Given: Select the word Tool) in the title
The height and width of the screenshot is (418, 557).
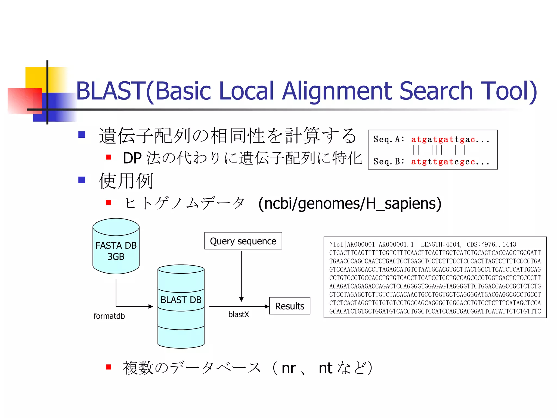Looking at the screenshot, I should [509, 91].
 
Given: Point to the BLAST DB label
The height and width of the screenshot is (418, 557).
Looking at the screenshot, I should [181, 300].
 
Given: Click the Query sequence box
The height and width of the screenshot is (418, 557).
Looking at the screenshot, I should [243, 241].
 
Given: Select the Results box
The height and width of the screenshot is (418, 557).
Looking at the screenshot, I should [290, 306].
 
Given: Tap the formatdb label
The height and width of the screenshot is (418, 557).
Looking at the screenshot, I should [109, 316].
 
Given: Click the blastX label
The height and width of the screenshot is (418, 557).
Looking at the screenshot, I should [239, 315].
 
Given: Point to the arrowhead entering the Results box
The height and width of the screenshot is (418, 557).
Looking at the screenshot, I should [267, 306].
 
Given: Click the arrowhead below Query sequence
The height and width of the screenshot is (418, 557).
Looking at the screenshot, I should [241, 299].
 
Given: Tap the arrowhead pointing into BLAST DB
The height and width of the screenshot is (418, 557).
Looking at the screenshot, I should [151, 306].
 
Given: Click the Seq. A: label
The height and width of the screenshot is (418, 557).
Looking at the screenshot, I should [389, 139].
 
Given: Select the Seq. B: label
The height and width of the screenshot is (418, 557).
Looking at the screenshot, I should [389, 162].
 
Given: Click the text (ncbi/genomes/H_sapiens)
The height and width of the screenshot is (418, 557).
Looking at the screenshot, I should [350, 204].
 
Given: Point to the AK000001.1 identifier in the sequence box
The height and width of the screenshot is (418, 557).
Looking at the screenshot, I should [396, 244].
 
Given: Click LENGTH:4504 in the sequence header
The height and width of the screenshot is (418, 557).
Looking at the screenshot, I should [440, 244].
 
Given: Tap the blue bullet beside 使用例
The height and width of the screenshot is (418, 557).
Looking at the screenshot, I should [82, 180].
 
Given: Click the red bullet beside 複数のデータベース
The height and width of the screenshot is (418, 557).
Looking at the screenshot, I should [109, 367].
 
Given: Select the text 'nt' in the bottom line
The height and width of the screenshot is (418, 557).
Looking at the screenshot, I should [325, 368].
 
